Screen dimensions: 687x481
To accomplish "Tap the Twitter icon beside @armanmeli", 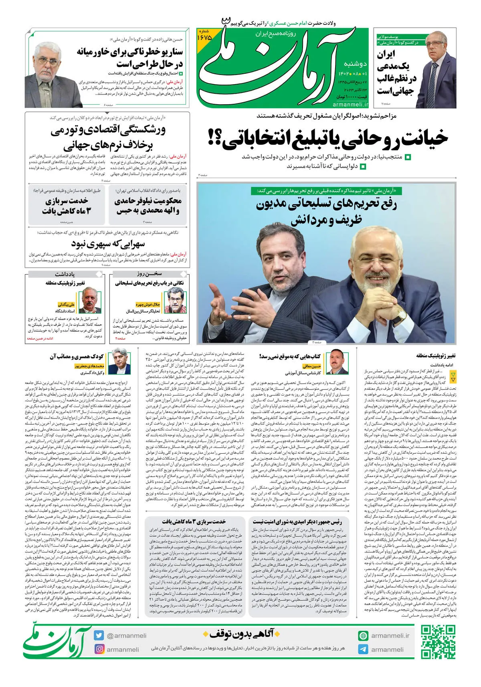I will tap(99, 635).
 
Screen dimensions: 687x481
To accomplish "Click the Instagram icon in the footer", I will tap(99, 649).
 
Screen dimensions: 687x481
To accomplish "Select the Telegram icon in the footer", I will tap(363, 649).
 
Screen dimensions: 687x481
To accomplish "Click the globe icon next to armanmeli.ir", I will tap(363, 635).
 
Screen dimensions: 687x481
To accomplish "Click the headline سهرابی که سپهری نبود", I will tap(108, 244).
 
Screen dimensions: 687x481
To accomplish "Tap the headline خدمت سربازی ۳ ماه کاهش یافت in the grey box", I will tap(67, 206).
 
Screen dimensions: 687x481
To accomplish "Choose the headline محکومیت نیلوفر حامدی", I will tap(148, 206).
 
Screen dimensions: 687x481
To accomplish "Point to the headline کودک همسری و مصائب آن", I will tap(77, 356).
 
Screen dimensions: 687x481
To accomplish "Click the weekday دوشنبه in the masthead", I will tap(355, 64).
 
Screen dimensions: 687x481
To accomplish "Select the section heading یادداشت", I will tap(65, 274).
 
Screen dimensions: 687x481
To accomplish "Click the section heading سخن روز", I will tap(149, 274).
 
